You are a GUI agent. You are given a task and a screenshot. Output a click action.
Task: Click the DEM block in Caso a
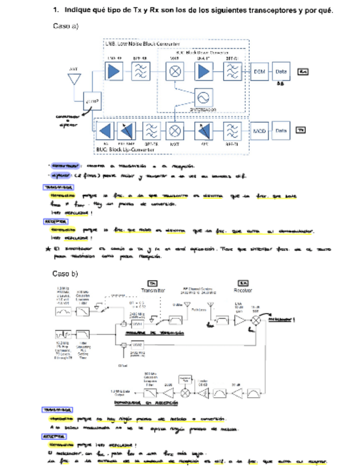[x=260, y=72]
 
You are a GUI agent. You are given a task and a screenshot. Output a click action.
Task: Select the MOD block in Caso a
[x=260, y=131]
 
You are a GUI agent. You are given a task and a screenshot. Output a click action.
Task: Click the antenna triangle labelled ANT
[x=73, y=78]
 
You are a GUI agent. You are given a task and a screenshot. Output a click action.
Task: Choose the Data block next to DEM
[x=281, y=72]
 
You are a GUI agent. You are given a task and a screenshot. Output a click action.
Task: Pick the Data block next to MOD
[x=281, y=131]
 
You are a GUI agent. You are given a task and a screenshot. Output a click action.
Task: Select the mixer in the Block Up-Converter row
[x=175, y=131]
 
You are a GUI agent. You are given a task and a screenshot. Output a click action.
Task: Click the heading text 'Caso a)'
[x=65, y=26]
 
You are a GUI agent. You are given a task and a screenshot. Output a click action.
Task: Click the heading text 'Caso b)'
[x=65, y=273]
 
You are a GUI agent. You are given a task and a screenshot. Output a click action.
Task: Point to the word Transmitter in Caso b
[x=153, y=290]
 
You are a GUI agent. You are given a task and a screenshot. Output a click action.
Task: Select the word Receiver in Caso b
[x=242, y=290]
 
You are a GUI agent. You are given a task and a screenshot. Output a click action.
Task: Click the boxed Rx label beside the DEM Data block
[x=303, y=72]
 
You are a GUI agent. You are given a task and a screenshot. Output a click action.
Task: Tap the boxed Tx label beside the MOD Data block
[x=301, y=131]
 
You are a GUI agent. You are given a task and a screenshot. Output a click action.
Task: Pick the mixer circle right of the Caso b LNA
[x=257, y=321]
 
